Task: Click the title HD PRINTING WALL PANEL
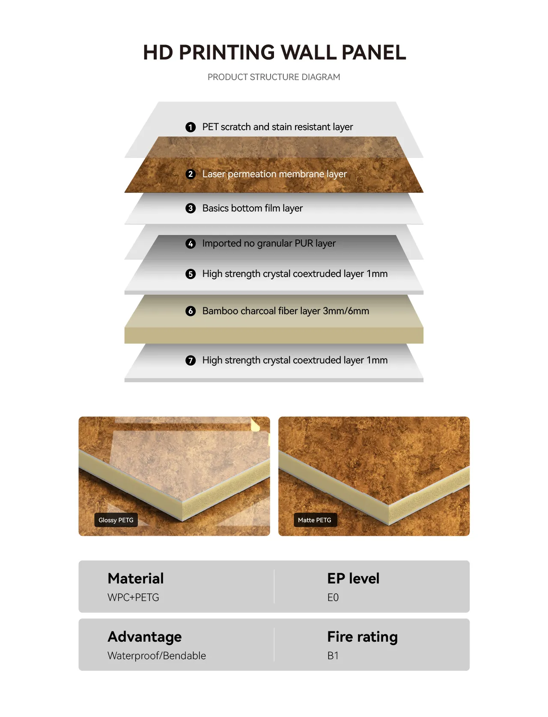coord(274,52)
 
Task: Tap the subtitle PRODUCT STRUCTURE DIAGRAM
coord(274,77)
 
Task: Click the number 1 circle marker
coord(191,127)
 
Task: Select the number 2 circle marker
coord(191,174)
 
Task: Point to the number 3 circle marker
coord(191,208)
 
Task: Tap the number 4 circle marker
coord(191,244)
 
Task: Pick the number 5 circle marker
coord(191,274)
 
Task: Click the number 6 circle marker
coord(191,311)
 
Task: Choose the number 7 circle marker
coord(191,360)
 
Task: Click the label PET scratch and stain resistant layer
coord(277,127)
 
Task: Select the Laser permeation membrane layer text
coord(274,174)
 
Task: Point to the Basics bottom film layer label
coord(253,208)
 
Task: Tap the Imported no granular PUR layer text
coord(269,244)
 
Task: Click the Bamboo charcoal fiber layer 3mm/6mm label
coord(286,311)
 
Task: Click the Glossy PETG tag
coord(116,520)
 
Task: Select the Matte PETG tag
coord(315,520)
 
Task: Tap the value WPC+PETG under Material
coord(133,598)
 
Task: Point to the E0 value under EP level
coord(333,598)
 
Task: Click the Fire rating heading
coord(362,637)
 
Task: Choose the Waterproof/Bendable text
coord(157,656)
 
